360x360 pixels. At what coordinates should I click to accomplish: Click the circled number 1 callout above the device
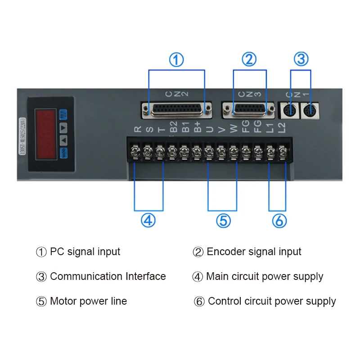[176, 59]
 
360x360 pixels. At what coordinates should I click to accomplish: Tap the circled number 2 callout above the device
[249, 59]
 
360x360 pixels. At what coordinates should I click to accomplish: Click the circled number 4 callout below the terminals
[148, 220]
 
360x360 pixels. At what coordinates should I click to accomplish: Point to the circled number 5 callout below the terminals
[223, 220]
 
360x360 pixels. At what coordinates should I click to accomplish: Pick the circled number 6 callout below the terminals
[279, 220]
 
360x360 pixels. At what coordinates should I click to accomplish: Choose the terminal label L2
[282, 128]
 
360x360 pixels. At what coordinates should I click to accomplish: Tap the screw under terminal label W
[233, 153]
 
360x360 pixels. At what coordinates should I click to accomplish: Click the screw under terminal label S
[148, 153]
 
